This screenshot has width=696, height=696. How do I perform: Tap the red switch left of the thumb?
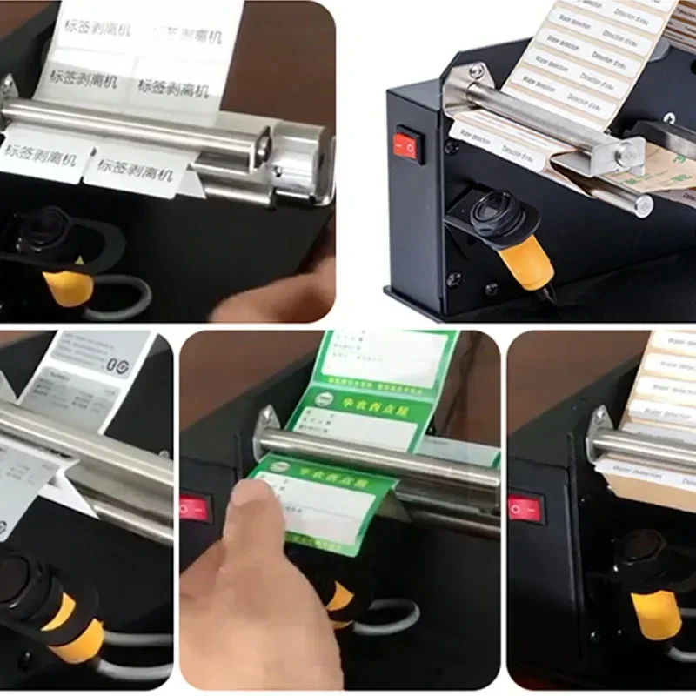click(195, 507)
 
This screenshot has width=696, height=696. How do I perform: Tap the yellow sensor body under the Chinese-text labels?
click(69, 284)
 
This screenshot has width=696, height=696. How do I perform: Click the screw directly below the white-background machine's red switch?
click(452, 280)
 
